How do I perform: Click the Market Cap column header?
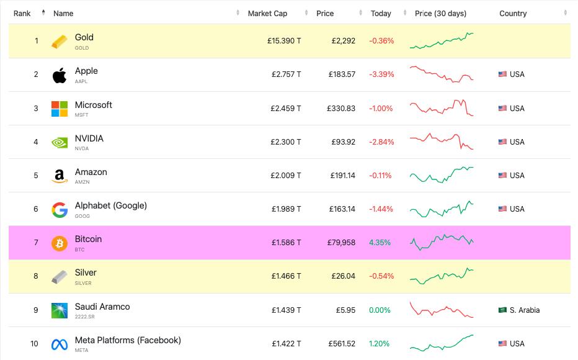pos(267,13)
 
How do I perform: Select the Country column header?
pos(513,13)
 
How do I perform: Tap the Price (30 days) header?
pos(440,13)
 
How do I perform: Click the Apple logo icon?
pos(60,75)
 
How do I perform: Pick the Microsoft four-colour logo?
pos(60,109)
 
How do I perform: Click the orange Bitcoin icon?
pos(60,243)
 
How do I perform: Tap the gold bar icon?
pos(60,42)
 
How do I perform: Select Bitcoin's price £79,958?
pos(341,243)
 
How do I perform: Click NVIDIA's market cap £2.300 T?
pos(286,142)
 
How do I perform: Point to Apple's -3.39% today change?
pos(381,74)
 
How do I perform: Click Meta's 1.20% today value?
pos(380,343)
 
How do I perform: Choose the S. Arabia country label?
pos(525,310)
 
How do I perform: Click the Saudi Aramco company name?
pos(102,307)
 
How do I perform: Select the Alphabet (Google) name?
pos(111,205)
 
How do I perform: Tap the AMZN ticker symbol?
pos(82,182)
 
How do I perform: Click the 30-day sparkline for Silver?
pos(442,276)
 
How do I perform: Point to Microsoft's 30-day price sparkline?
pos(442,107)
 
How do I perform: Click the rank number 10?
pos(34,343)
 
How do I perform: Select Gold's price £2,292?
pos(344,41)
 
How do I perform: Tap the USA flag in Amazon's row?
pos(502,176)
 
